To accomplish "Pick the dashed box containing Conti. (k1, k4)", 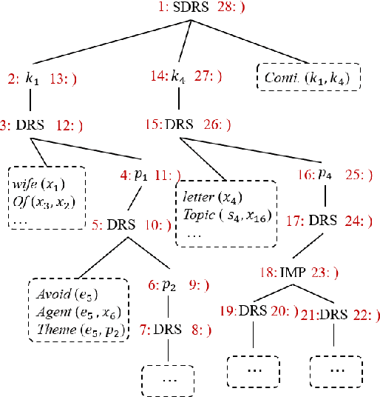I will click(x=308, y=76).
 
